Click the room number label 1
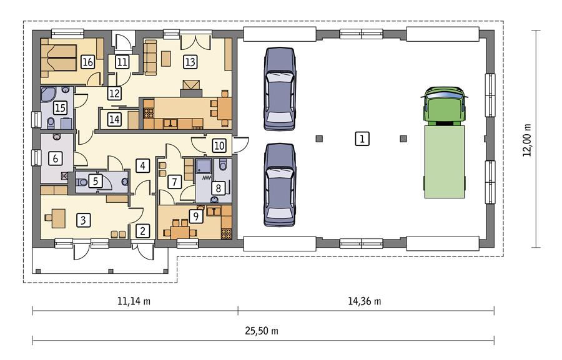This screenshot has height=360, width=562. click(360, 139)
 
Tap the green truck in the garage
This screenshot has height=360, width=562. click(445, 143)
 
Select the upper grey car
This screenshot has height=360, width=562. click(279, 89)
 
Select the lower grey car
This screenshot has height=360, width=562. click(279, 185)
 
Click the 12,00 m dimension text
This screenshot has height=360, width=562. click(530, 139)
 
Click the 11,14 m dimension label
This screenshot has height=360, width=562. click(134, 301)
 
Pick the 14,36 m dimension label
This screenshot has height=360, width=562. click(364, 301)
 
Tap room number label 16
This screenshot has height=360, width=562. click(87, 62)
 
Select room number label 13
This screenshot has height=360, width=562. click(190, 62)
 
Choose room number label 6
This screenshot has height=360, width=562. click(56, 158)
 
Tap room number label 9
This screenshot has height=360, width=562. click(196, 216)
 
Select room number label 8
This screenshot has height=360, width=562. click(217, 188)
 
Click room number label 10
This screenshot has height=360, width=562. click(218, 145)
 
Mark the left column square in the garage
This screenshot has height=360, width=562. click(320, 139)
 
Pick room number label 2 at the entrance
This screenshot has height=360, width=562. click(143, 231)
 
